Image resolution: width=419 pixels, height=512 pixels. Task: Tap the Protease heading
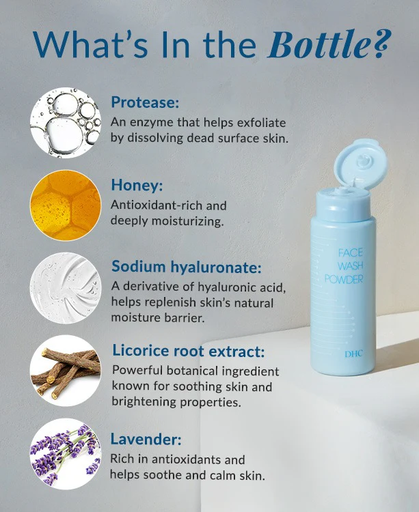[145, 104]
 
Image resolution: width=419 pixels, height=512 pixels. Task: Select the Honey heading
[136, 185]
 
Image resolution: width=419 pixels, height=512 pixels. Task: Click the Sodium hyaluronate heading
[186, 268]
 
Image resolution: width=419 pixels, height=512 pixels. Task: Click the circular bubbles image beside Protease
[66, 123]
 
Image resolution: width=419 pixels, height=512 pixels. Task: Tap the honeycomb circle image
[66, 204]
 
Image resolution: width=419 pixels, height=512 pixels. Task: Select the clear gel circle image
[66, 287]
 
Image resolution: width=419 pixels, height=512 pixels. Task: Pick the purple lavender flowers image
[66, 454]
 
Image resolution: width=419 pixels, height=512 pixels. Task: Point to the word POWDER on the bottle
[344, 280]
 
